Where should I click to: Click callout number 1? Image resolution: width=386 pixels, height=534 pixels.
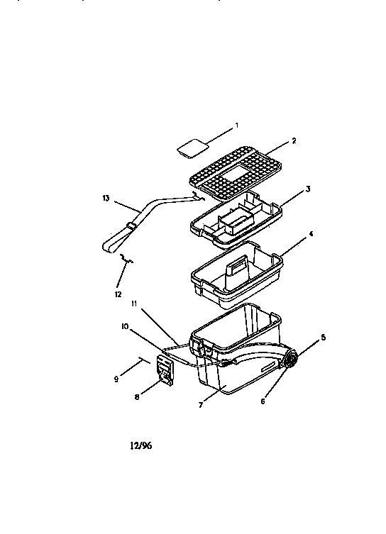[x=236, y=125]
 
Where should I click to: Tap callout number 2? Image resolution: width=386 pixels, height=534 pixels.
[x=294, y=140]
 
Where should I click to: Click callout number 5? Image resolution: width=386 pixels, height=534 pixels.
[x=324, y=338]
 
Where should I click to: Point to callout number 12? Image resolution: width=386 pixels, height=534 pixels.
[x=118, y=293]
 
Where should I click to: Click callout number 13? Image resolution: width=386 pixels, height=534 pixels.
[x=106, y=199]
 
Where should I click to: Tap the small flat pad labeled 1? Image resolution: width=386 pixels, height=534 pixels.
[x=192, y=148]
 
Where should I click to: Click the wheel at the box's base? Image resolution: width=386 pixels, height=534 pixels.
[x=289, y=360]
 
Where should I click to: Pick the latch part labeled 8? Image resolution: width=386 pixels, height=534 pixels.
[x=165, y=371]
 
